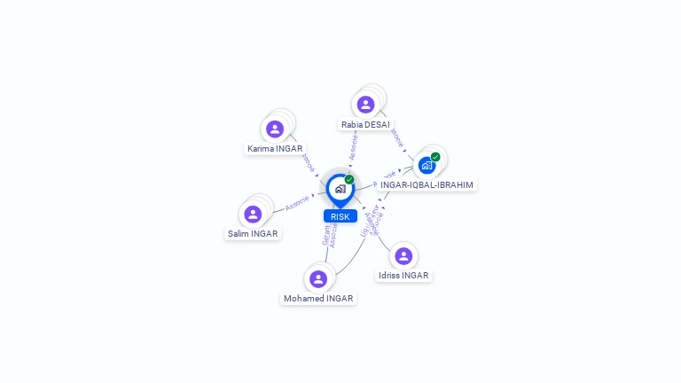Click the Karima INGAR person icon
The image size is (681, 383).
tap(275, 129)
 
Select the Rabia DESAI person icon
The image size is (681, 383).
tap(365, 105)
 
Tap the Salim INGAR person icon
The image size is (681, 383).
tap(253, 215)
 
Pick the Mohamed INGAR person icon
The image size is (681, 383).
tap(318, 279)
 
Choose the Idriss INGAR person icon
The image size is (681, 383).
tap(403, 256)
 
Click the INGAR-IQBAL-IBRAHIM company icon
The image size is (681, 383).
tap(427, 165)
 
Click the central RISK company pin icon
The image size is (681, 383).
tap(340, 189)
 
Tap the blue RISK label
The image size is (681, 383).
tap(340, 216)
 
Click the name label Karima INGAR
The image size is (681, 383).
tap(275, 149)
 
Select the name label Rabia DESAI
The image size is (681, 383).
tap(365, 125)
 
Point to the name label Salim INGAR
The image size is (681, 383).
tap(253, 234)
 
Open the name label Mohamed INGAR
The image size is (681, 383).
tap(318, 299)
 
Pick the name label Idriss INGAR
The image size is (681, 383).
tap(403, 276)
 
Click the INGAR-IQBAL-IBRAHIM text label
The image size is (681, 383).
tap(427, 185)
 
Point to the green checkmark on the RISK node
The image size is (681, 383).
tap(349, 179)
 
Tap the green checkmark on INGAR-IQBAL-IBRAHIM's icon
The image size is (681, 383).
tap(435, 157)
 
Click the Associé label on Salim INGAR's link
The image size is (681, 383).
tap(297, 203)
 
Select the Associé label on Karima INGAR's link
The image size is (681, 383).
tap(309, 163)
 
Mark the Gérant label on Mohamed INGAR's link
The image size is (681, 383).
tap(326, 234)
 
